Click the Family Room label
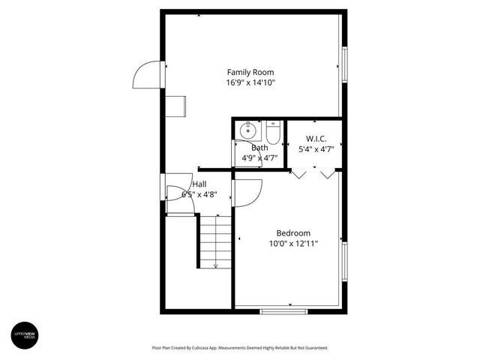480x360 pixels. (250, 73)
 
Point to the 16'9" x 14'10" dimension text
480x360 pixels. (250, 83)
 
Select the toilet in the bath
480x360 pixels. (272, 133)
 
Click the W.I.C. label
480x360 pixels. (315, 139)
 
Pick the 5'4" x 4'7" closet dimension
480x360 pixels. (315, 149)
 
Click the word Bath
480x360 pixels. (259, 148)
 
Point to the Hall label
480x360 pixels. (199, 184)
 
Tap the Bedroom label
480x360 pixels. (293, 233)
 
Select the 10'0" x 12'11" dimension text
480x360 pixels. (293, 244)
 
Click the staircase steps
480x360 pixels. (214, 240)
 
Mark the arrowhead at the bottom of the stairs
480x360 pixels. (216, 265)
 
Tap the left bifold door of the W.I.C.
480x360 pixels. (299, 174)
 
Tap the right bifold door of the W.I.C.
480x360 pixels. (327, 174)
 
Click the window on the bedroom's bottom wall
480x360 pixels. (283, 310)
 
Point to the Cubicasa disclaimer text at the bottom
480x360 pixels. (240, 348)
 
